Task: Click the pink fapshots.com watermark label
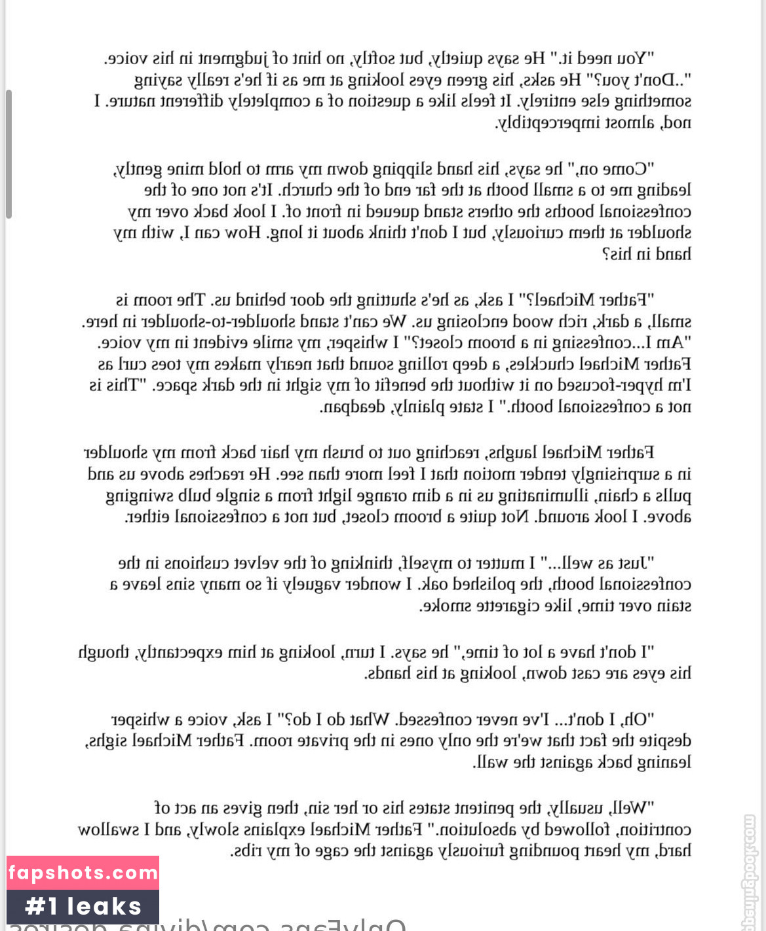pos(83,873)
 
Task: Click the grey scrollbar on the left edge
pos(9,154)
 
